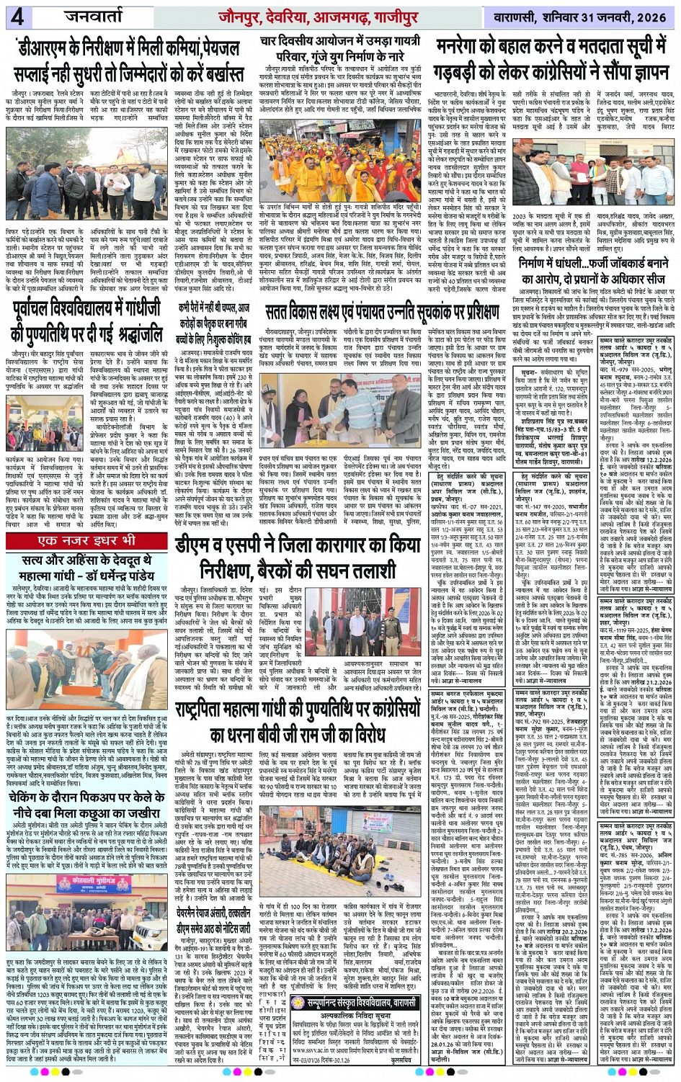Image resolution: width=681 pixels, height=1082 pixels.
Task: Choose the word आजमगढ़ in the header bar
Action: (x=362, y=16)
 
